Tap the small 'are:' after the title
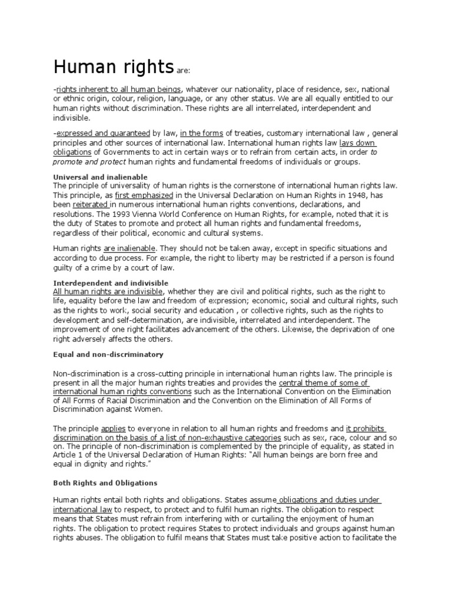[x=183, y=70]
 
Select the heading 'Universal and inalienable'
[x=100, y=177]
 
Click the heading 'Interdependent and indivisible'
[x=111, y=283]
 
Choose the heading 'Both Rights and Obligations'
[x=105, y=482]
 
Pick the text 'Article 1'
[x=69, y=455]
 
